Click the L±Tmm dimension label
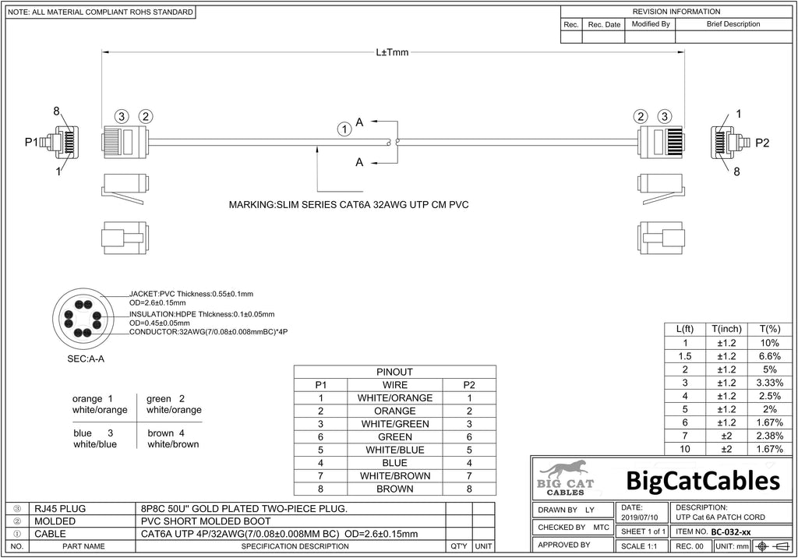[x=392, y=52]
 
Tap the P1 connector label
[x=31, y=142]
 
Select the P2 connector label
[x=762, y=143]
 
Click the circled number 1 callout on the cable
[x=344, y=129]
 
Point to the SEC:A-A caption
[x=86, y=359]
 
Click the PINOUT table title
[x=394, y=373]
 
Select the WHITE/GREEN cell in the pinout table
[x=395, y=424]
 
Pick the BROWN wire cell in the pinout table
[x=395, y=489]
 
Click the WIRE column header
[x=395, y=386]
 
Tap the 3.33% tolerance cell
[x=769, y=383]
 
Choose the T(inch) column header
[x=726, y=330]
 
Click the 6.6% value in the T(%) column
[x=769, y=356]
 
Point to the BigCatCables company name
[x=703, y=481]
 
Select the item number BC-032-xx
[x=731, y=532]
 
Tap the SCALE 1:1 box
[x=639, y=546]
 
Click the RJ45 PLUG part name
[x=60, y=509]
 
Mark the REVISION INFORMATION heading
[x=676, y=11]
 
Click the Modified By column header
[x=651, y=24]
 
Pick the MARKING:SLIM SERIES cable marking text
[x=348, y=205]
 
